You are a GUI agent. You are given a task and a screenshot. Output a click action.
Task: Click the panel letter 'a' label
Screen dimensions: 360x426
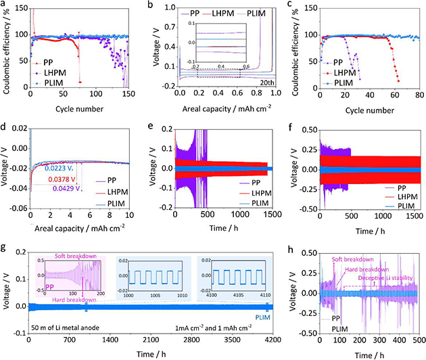[x=3, y=5]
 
